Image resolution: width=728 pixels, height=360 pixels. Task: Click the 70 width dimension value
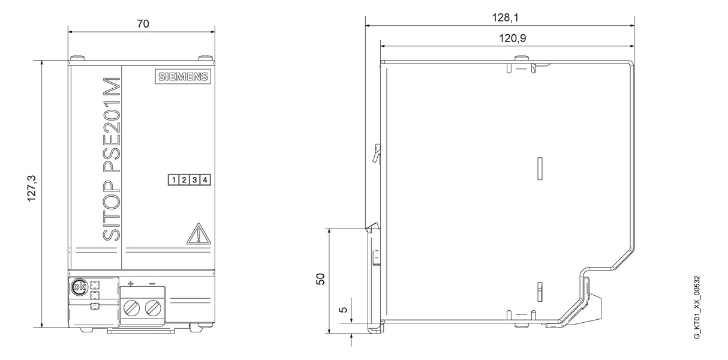[143, 24]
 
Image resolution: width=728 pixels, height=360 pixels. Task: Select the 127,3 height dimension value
[32, 188]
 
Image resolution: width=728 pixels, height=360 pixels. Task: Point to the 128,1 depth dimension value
[505, 17]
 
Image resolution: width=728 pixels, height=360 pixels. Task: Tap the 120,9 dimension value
[513, 38]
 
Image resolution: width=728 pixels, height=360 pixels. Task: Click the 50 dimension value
[320, 279]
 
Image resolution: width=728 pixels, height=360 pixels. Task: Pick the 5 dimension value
[343, 309]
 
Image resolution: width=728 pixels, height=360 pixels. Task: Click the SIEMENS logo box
[183, 76]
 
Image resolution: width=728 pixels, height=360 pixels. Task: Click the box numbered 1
[174, 180]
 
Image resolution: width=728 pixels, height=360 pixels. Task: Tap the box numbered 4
[205, 180]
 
